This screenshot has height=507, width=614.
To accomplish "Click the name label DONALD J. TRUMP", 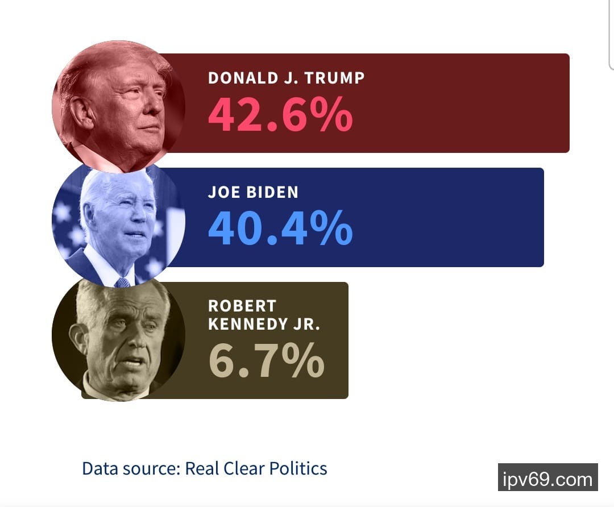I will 286,77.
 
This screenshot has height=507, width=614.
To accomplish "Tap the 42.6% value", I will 280,114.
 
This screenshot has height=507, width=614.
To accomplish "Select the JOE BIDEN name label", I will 253,192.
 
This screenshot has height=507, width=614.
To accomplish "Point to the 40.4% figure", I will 280,228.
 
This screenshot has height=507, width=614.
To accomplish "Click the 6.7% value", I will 266,360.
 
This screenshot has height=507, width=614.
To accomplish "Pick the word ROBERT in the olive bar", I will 242,306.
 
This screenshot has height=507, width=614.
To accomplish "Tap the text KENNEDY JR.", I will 264,324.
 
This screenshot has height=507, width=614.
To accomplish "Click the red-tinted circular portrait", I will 118,106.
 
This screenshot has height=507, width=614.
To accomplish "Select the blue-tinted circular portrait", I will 118,225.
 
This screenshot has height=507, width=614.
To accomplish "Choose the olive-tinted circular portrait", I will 118,339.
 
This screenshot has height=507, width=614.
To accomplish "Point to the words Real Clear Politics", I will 256,469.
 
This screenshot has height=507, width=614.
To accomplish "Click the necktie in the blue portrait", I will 123,282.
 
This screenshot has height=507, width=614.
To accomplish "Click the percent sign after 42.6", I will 329,114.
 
